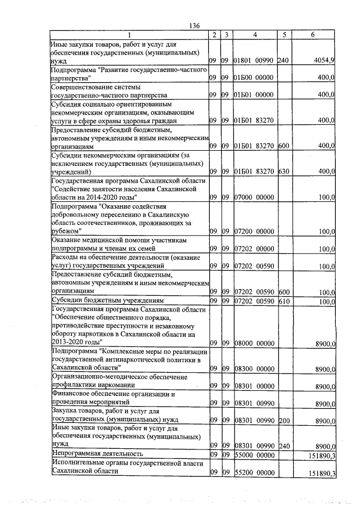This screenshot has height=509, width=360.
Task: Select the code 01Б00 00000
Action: coord(253,78)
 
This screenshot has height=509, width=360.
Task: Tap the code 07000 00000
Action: coord(253,197)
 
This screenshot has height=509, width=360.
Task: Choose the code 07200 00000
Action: coord(253,231)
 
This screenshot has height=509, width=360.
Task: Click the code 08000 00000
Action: coord(253,342)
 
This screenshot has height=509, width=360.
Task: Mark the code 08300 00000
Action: coord(253,368)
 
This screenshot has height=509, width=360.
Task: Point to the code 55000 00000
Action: coord(253,453)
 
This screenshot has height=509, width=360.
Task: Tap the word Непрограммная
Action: coord(76,453)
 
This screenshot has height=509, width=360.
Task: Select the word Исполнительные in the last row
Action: coord(76,462)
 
